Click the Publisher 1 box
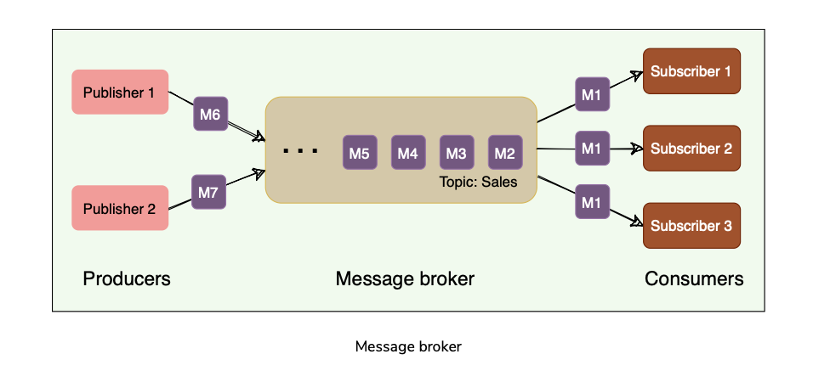pos(120,92)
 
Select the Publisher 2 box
pos(120,208)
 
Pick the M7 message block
pos(208,193)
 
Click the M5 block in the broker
pos(359,153)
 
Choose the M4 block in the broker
pos(408,153)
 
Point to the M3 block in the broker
pos(457,153)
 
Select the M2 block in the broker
pos(505,153)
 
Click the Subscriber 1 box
pos(691,71)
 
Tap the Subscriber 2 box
pos(691,149)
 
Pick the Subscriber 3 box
pos(691,226)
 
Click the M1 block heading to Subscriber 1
pos(592,94)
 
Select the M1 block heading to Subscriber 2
pos(592,149)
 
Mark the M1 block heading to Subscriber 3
pos(592,202)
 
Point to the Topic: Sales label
pos(478,182)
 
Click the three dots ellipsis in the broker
pos(300,151)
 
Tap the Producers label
pos(127,278)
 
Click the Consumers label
pos(694,278)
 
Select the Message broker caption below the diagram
pos(408,346)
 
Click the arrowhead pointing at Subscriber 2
pos(637,149)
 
